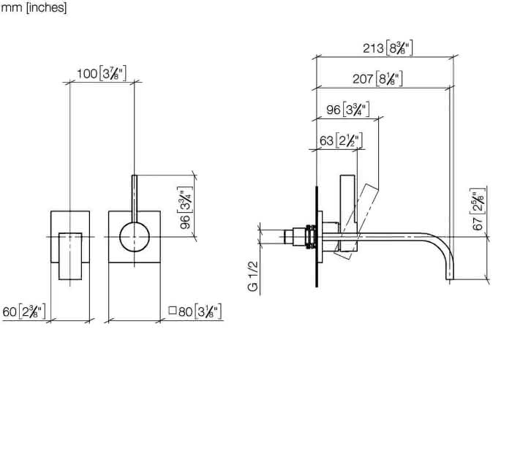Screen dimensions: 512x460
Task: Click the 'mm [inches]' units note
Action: pos(34,7)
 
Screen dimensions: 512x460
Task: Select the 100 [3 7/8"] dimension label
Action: pos(101,73)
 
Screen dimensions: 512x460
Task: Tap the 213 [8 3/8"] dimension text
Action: pos(388,48)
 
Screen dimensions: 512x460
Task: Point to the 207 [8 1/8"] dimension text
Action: pos(377,79)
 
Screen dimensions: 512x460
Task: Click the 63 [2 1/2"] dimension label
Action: pos(341,140)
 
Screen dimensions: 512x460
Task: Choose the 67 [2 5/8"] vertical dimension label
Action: pos(478,209)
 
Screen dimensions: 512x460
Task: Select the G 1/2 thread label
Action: pos(253,276)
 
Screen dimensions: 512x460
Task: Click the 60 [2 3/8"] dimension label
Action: pos(24,312)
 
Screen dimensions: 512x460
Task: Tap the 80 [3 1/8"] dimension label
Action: pos(200,311)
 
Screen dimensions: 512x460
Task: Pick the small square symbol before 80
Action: pos(173,310)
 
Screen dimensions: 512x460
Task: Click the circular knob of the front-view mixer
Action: pos(135,237)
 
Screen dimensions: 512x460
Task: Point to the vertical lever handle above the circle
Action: pos(135,199)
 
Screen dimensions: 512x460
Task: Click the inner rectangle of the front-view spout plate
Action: pos(70,256)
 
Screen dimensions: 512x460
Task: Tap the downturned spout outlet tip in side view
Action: pos(450,277)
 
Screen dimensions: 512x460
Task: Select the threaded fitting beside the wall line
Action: pos(311,236)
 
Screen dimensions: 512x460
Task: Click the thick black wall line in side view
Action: pos(317,236)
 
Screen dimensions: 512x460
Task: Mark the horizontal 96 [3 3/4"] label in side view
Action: pos(348,110)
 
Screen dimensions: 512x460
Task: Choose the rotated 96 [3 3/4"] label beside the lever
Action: pos(185,208)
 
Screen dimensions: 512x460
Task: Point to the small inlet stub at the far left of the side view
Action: pos(289,237)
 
